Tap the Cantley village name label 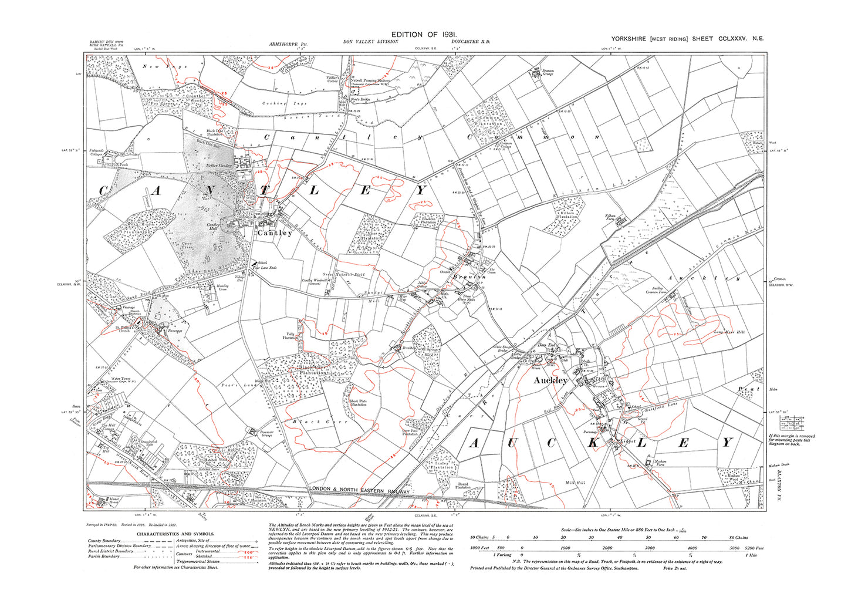click(x=275, y=233)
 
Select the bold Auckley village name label click(x=550, y=380)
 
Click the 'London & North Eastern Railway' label click(x=359, y=490)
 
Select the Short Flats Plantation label click(x=359, y=403)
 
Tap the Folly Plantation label click(x=289, y=336)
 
